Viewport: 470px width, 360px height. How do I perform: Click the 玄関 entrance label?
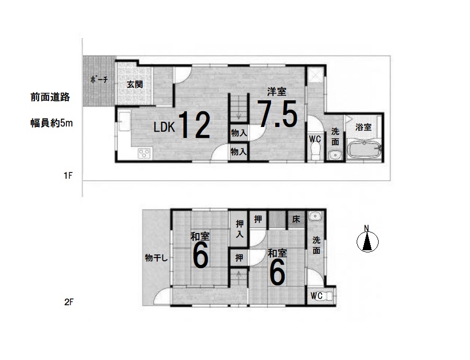[135, 84]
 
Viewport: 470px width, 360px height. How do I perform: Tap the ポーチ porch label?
[99, 80]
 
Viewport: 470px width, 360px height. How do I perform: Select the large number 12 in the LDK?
[195, 125]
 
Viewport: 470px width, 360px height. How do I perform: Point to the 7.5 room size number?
[277, 114]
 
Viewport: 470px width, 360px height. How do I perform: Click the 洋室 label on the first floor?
[276, 91]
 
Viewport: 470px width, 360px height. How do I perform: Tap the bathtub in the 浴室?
[364, 149]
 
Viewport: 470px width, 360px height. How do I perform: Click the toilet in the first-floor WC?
[315, 151]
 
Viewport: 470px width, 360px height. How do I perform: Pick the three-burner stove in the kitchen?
[145, 153]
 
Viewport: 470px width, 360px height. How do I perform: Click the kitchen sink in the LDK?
[124, 122]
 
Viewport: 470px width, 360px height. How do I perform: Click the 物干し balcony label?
[156, 258]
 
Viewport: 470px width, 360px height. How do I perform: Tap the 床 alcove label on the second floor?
[296, 219]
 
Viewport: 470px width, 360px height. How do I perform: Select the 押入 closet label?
[239, 229]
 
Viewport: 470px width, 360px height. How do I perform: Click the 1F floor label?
[68, 175]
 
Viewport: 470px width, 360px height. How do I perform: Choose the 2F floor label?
[68, 302]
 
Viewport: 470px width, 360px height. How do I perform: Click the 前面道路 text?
[50, 97]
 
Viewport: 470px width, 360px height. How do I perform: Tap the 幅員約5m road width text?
[52, 123]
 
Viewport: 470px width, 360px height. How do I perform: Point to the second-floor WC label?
[316, 296]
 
